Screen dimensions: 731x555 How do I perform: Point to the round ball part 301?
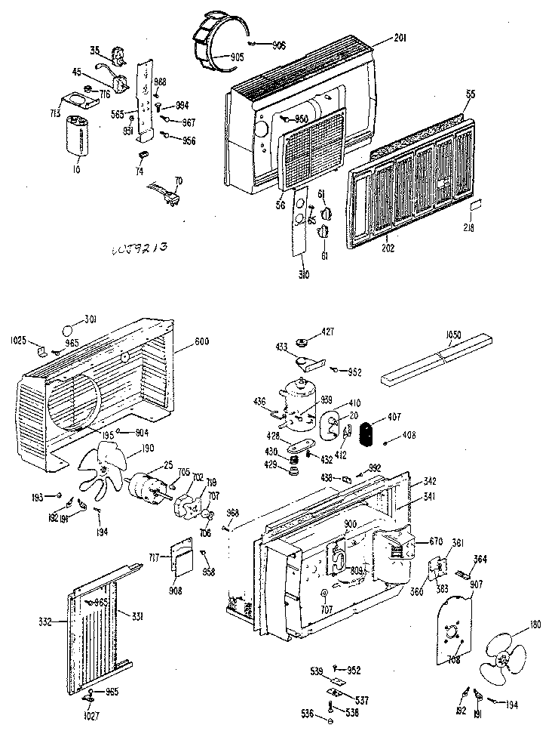point(69,330)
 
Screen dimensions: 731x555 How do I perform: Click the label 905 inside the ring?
point(237,57)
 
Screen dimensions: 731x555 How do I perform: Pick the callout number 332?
point(45,622)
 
